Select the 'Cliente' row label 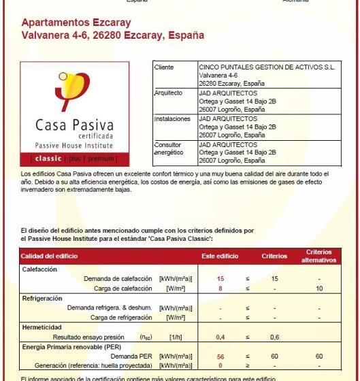point(164,68)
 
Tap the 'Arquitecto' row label point(168,93)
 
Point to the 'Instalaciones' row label point(172,119)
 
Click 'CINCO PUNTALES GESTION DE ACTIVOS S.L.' point(266,68)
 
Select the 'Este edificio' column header point(220,256)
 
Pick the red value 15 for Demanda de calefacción point(220,279)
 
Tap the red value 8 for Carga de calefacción point(220,288)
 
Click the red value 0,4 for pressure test point(220,337)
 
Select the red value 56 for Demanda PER point(220,357)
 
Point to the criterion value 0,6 point(274,337)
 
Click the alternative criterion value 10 point(319,288)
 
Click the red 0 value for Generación point(220,365)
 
